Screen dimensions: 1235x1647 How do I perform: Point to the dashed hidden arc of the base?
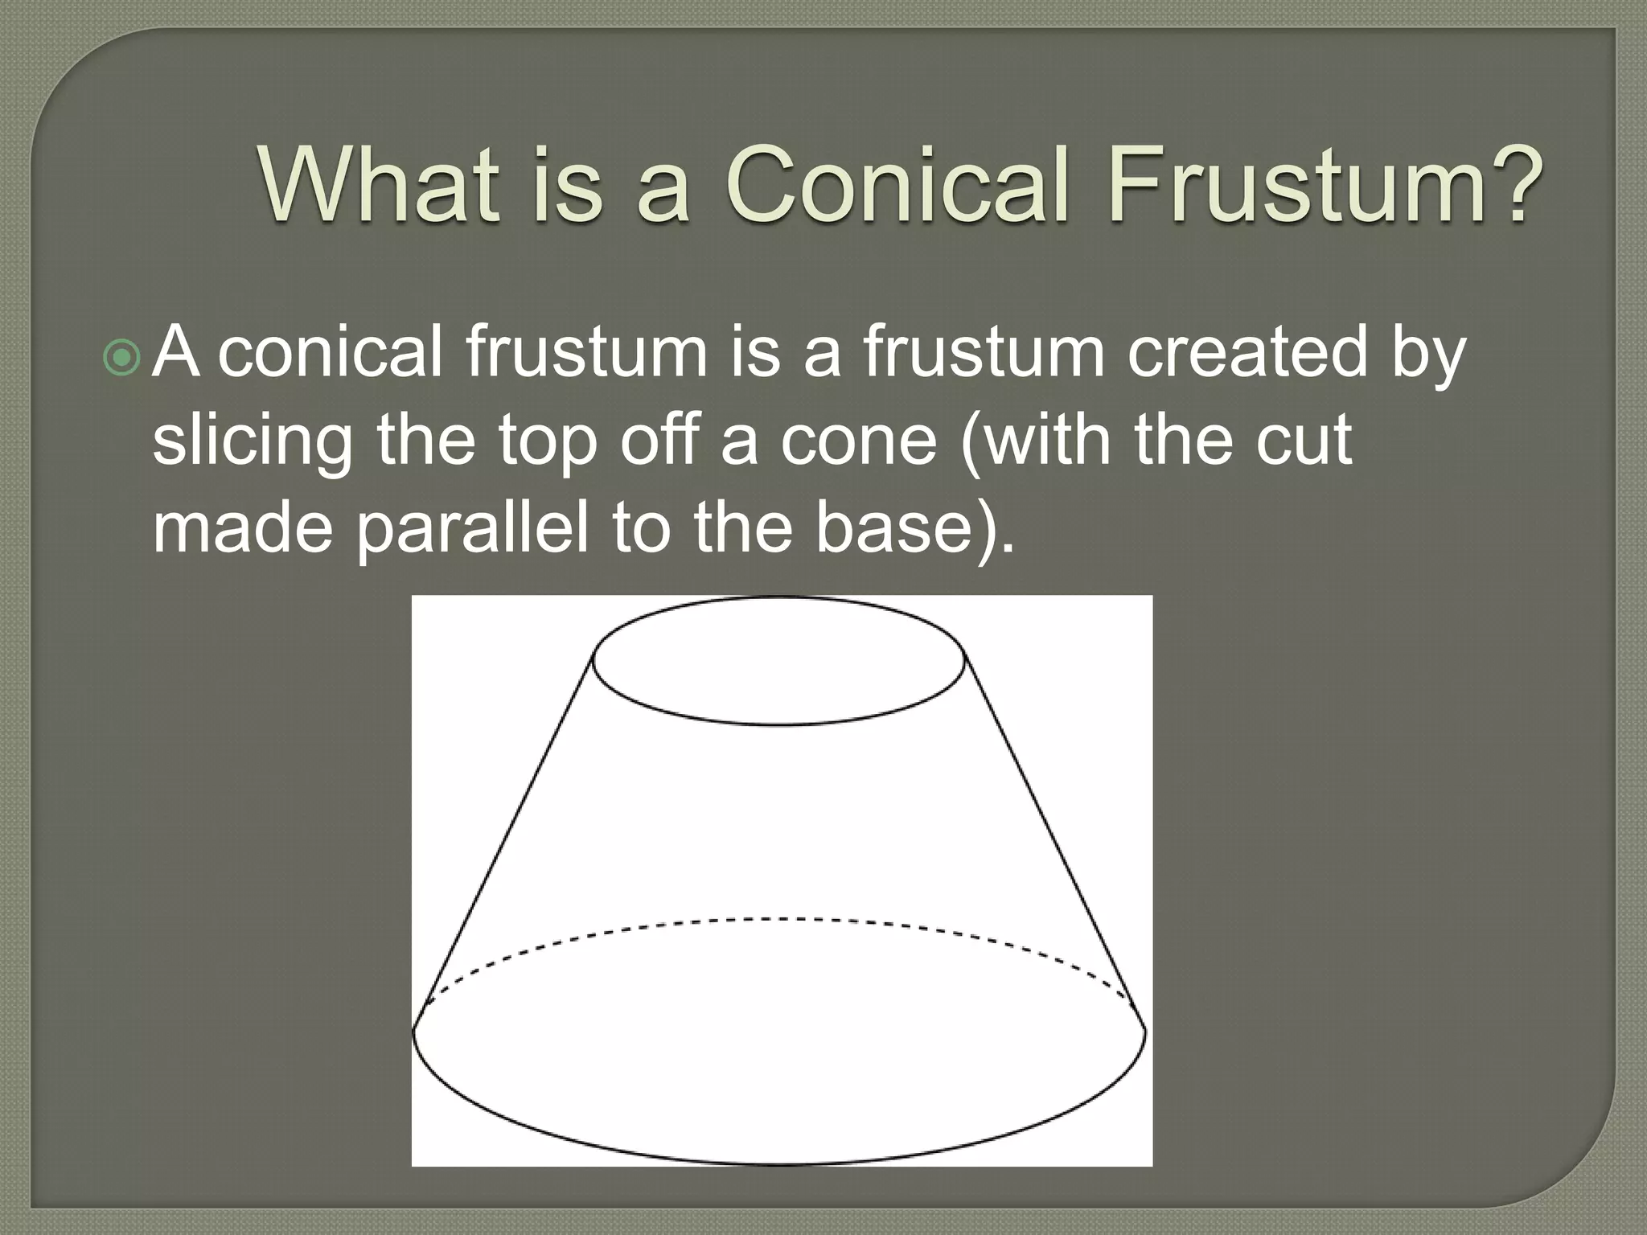pos(778,918)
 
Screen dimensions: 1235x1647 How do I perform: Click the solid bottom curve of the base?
pos(778,1163)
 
